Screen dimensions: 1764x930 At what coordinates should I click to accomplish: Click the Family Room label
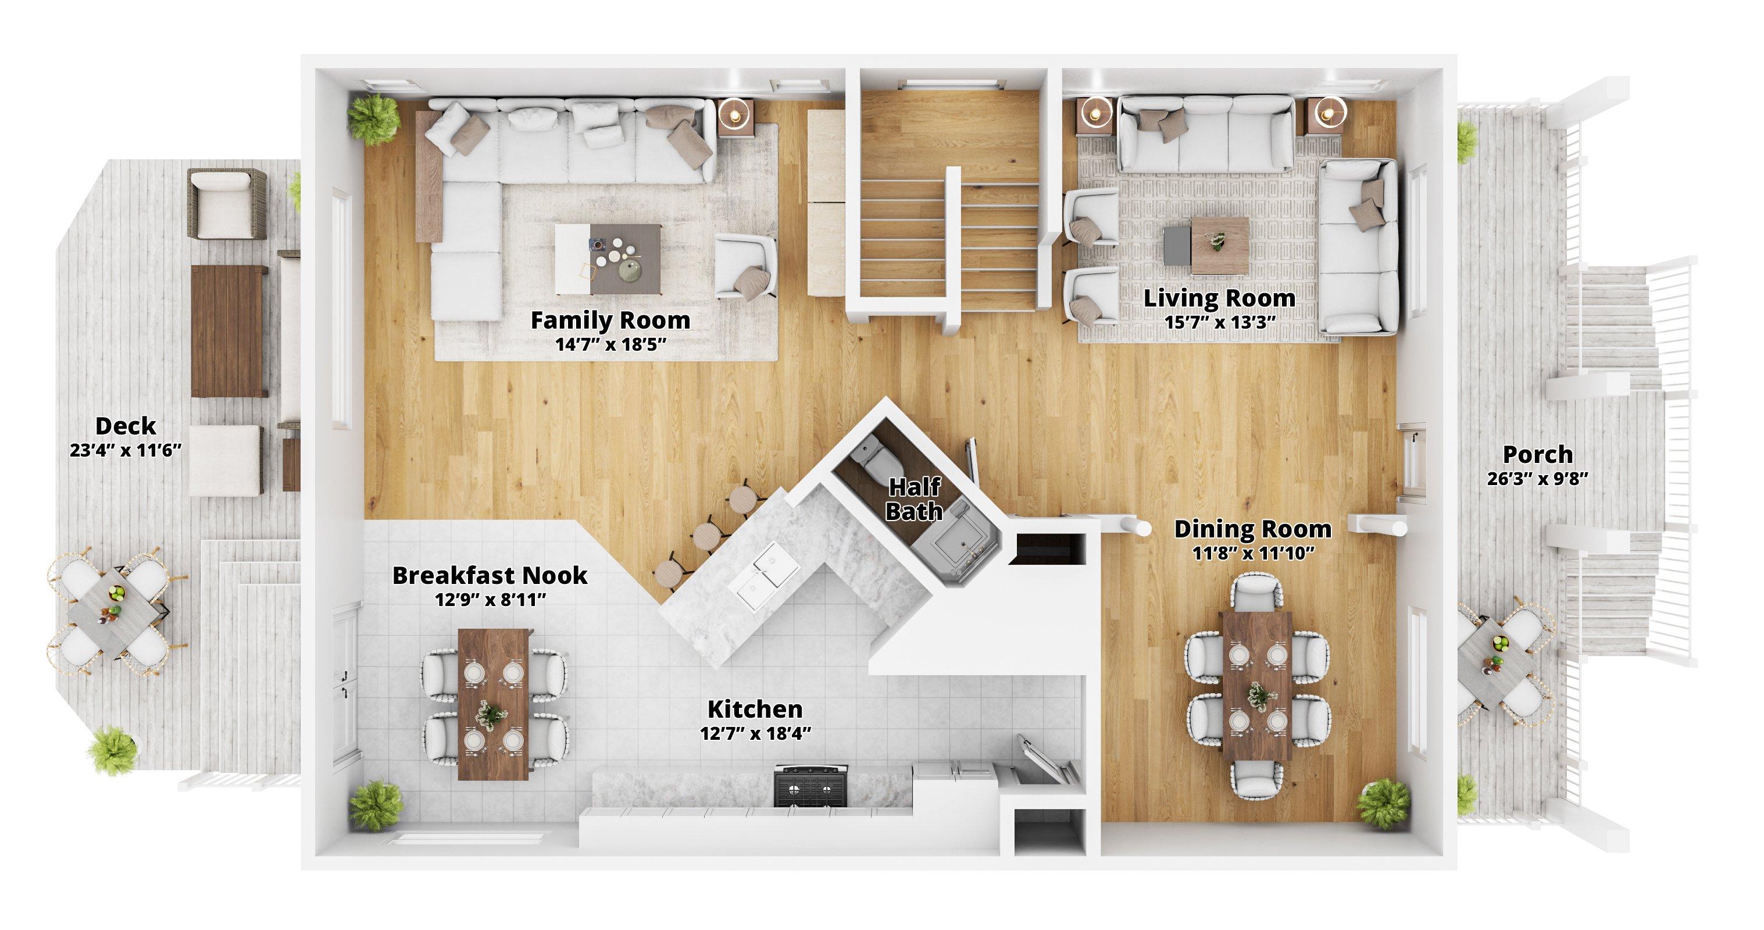click(x=610, y=320)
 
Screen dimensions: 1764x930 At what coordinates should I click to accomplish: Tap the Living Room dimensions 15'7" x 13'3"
click(x=1220, y=321)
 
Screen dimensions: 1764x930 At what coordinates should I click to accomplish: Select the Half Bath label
click(x=914, y=498)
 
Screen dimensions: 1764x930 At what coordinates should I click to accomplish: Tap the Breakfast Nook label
click(x=490, y=576)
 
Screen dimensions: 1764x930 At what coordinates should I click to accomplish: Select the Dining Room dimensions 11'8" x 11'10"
click(x=1253, y=553)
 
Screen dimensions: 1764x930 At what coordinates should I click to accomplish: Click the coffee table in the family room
click(x=609, y=259)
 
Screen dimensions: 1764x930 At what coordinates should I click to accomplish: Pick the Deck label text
click(x=126, y=426)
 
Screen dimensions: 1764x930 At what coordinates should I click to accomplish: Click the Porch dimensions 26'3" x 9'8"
click(x=1537, y=479)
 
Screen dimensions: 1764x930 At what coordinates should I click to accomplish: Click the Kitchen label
click(x=755, y=708)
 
